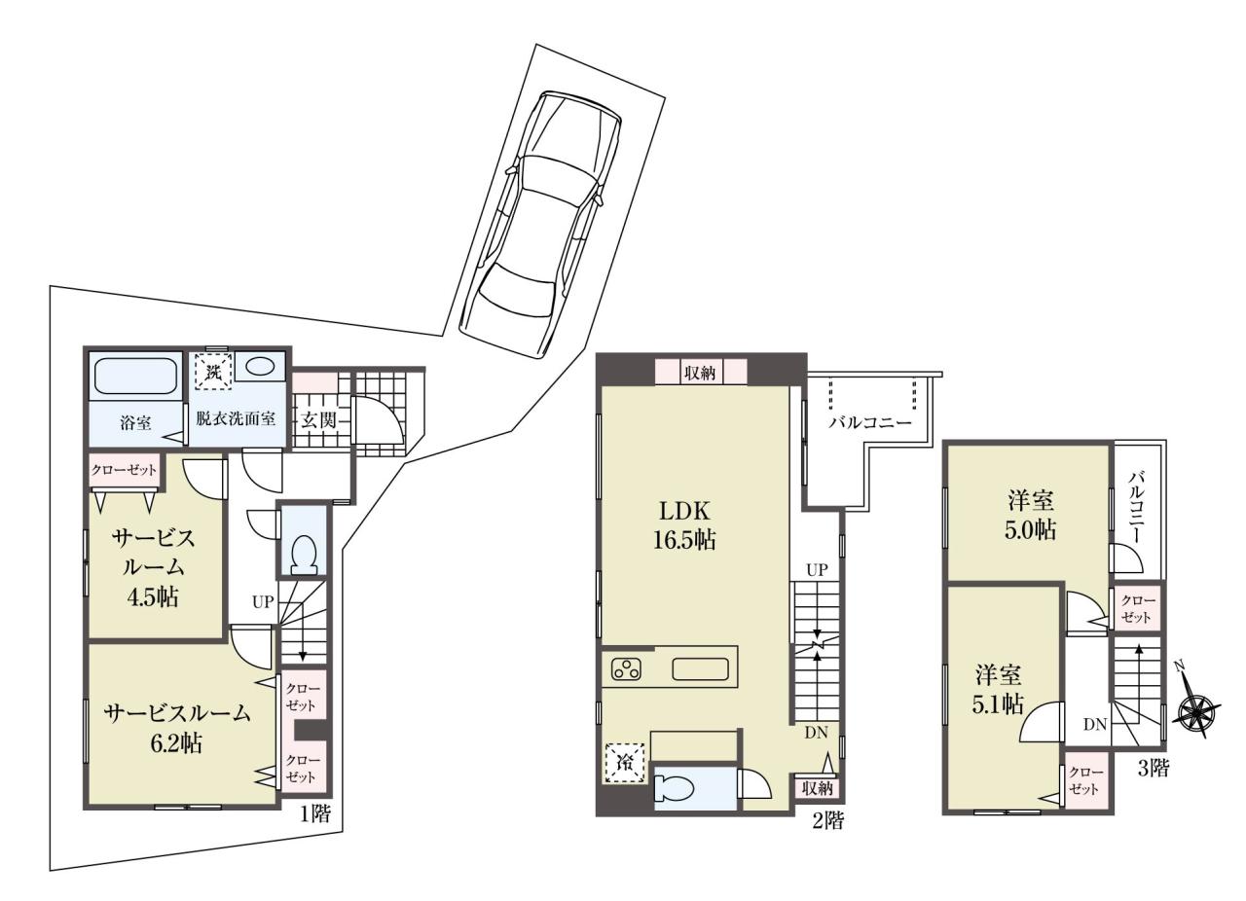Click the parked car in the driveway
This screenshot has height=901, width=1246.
tap(539, 225)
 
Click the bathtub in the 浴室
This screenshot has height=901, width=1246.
tap(135, 377)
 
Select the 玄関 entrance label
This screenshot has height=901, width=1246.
tap(319, 420)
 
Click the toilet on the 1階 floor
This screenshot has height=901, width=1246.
tap(304, 554)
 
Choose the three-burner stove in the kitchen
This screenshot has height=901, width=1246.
tap(627, 669)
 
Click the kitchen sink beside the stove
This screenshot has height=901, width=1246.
tap(700, 669)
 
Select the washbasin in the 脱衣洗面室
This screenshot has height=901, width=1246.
tap(260, 368)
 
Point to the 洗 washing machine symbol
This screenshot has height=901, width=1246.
tap(213, 368)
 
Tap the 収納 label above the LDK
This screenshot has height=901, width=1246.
tap(700, 373)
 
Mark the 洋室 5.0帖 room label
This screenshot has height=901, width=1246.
tap(1030, 516)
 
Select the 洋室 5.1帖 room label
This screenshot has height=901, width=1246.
tap(998, 690)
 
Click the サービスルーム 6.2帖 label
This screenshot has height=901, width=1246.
tap(177, 728)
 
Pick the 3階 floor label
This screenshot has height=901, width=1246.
tap(1154, 769)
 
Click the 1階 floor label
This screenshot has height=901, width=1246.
tap(315, 814)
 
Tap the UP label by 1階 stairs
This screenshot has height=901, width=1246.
tap(263, 601)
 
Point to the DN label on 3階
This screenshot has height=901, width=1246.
tap(1095, 725)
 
